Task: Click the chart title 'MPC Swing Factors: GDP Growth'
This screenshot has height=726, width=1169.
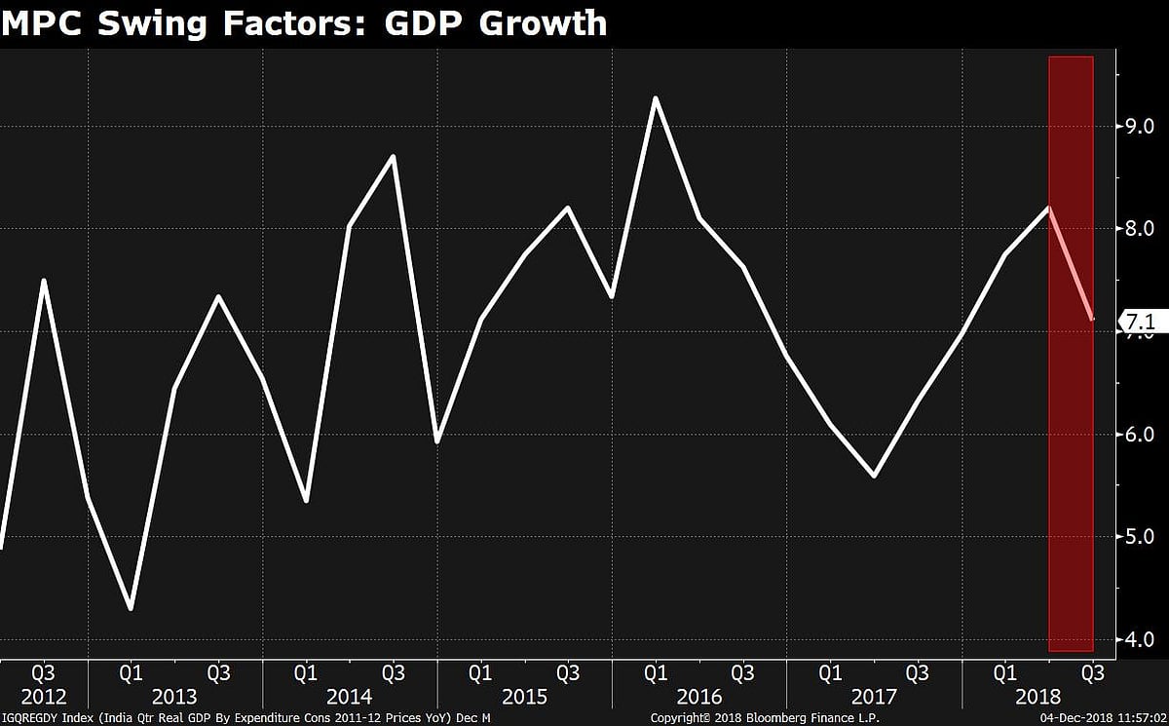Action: pyautogui.click(x=304, y=21)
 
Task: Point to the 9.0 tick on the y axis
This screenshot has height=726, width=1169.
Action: pyautogui.click(x=1140, y=126)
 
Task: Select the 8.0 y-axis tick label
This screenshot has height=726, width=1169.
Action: pyautogui.click(x=1140, y=228)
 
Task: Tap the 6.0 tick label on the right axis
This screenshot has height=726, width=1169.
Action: pyautogui.click(x=1140, y=434)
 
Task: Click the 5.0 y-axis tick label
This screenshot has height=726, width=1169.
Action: pyautogui.click(x=1140, y=536)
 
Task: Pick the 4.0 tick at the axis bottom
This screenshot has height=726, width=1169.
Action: pyautogui.click(x=1140, y=639)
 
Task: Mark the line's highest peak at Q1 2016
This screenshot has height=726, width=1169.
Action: pyautogui.click(x=656, y=98)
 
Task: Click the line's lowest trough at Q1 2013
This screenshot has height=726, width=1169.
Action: pyautogui.click(x=131, y=609)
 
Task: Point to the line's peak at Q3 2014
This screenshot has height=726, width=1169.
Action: pyautogui.click(x=393, y=156)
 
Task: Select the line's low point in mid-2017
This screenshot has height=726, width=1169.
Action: pyautogui.click(x=874, y=477)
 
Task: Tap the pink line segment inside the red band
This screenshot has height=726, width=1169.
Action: pyautogui.click(x=1072, y=263)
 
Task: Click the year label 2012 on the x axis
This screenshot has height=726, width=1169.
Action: pyautogui.click(x=43, y=697)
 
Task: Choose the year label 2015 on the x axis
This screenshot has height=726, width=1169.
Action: pyautogui.click(x=524, y=697)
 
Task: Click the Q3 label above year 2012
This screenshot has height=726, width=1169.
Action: pyautogui.click(x=43, y=672)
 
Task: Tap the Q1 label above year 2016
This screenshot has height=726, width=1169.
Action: pyautogui.click(x=656, y=672)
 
